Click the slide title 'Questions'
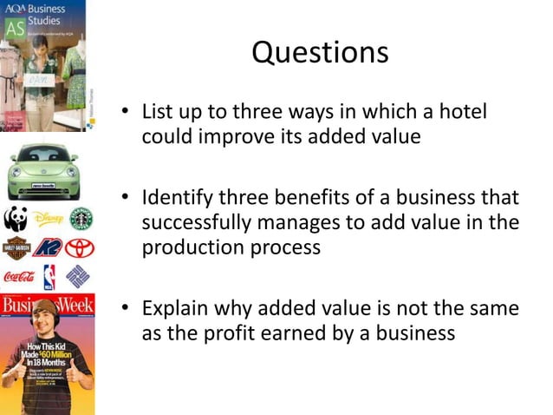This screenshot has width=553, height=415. tap(320, 53)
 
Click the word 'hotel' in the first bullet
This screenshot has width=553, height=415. tap(460, 113)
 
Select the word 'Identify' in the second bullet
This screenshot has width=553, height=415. tap(180, 198)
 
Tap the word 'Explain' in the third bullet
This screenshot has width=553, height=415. tap(179, 308)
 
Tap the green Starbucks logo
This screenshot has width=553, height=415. tap(81, 218)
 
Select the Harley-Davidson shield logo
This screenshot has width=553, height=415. tap(15, 248)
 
